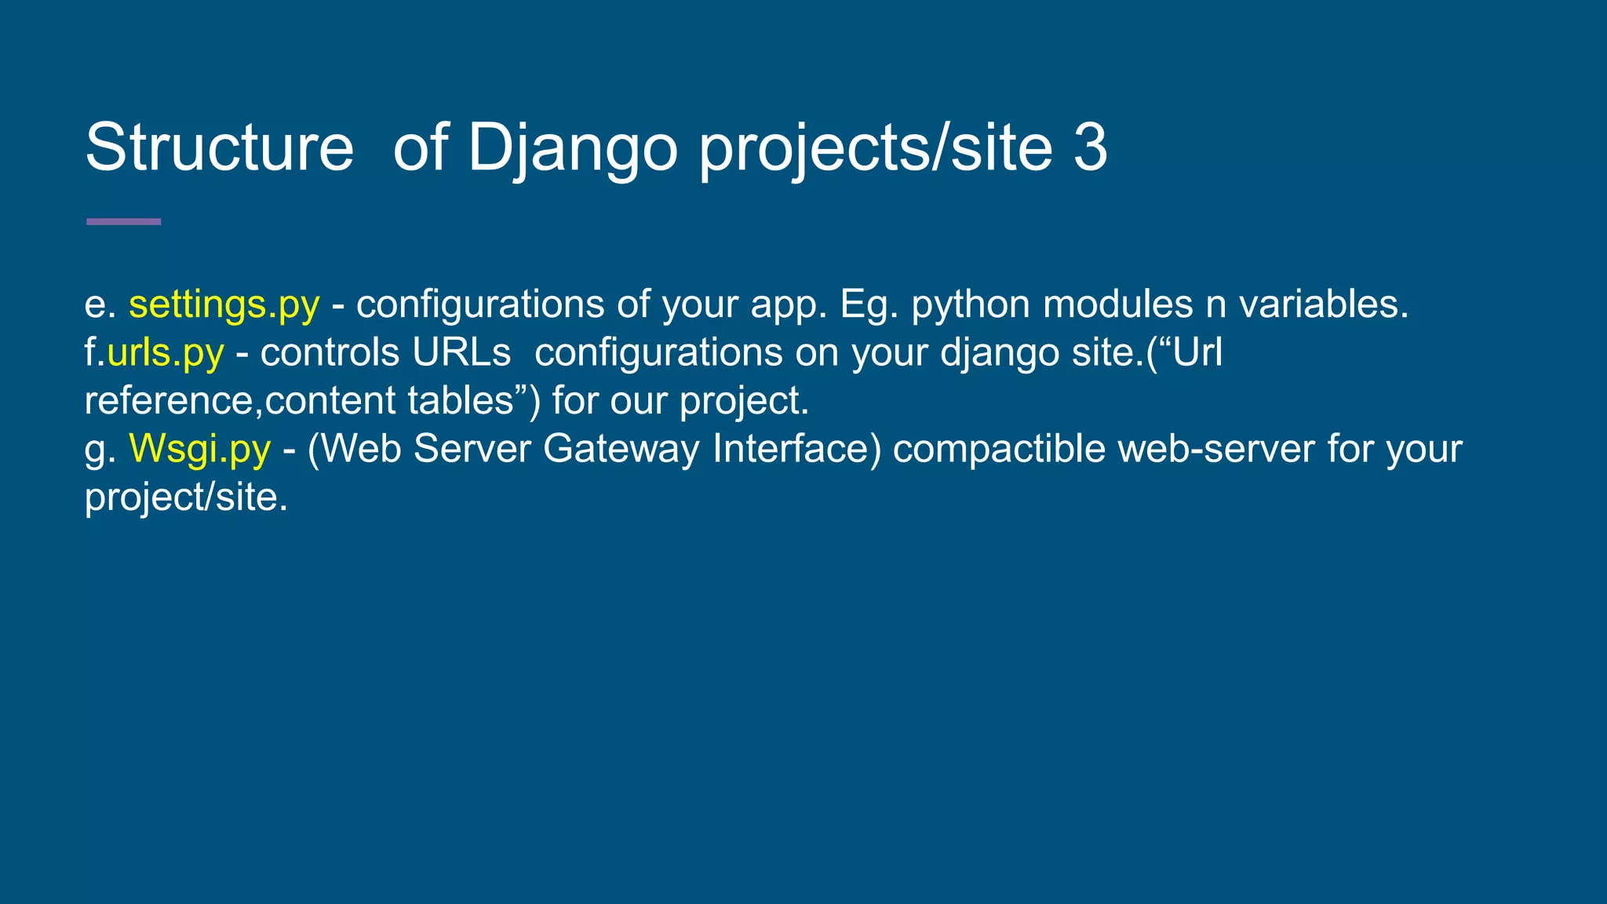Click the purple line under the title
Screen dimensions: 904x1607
tap(123, 222)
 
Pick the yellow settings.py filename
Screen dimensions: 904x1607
tap(224, 304)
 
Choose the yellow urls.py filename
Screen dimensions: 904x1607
tap(166, 352)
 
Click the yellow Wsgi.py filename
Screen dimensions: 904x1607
tap(200, 449)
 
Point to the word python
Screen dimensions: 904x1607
tap(971, 304)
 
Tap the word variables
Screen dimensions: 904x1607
tap(1324, 304)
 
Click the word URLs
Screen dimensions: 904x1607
tap(462, 352)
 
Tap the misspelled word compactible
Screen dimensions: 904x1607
tap(999, 449)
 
